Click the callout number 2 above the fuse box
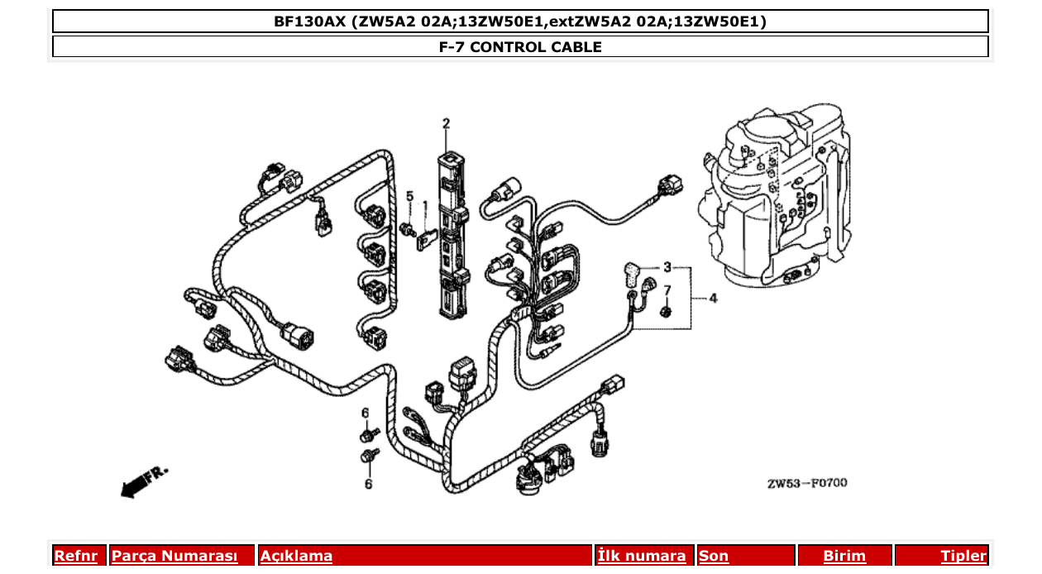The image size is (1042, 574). pyautogui.click(x=446, y=124)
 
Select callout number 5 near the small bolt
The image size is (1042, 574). pyautogui.click(x=409, y=196)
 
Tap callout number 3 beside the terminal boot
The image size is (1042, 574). pyautogui.click(x=667, y=268)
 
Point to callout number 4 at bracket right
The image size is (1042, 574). pyautogui.click(x=713, y=298)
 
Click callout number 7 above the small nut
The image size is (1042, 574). pyautogui.click(x=667, y=290)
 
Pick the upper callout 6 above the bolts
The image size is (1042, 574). pyautogui.click(x=365, y=413)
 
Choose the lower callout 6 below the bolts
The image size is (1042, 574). pyautogui.click(x=368, y=484)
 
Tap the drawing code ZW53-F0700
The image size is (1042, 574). pyautogui.click(x=806, y=483)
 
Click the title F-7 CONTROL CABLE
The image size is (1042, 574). pyautogui.click(x=520, y=47)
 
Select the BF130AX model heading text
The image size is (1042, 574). pyautogui.click(x=520, y=22)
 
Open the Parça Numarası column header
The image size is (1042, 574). pyautogui.click(x=174, y=556)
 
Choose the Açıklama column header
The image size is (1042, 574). pyautogui.click(x=297, y=556)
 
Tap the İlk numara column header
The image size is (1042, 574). pyautogui.click(x=642, y=556)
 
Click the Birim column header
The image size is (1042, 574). pyautogui.click(x=844, y=556)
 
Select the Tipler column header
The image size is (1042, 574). pyautogui.click(x=963, y=556)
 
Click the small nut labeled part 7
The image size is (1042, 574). pyautogui.click(x=666, y=312)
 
